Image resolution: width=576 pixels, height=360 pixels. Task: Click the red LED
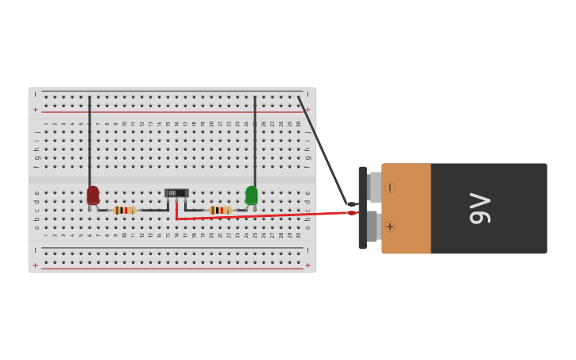click(93, 195)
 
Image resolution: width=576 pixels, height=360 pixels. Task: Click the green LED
click(252, 195)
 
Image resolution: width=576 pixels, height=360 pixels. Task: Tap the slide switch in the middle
click(176, 192)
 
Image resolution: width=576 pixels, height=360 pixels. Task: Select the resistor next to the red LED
click(124, 211)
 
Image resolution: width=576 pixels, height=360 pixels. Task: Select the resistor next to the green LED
click(219, 211)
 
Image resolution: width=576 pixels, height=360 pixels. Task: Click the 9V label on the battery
click(480, 208)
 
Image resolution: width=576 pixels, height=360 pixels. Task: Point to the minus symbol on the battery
click(389, 188)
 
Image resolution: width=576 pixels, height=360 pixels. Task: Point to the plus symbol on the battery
click(389, 226)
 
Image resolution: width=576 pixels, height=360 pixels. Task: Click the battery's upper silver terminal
click(375, 188)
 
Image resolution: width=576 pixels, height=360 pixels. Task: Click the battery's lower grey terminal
click(372, 226)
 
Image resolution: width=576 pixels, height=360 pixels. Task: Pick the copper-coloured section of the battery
click(406, 208)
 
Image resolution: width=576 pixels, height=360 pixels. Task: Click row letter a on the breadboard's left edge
click(37, 227)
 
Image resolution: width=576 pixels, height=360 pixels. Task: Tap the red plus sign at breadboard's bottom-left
click(35, 265)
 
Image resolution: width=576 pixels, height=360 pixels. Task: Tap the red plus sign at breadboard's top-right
click(308, 110)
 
